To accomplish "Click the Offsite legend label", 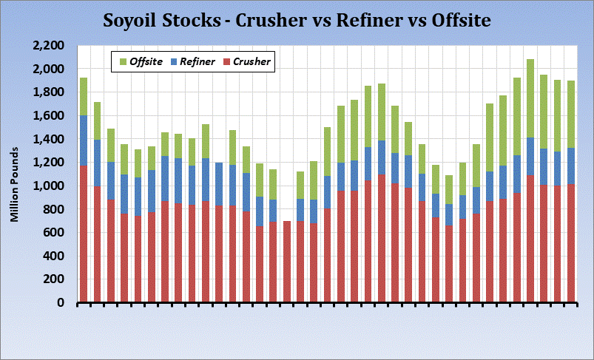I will coord(146,62).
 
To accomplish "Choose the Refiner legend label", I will coord(197,62).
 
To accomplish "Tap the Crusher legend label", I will coord(252,62).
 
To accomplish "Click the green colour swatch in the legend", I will coord(123,62).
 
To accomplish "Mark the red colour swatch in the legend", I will coord(227,62).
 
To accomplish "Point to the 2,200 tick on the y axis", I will coord(50,45).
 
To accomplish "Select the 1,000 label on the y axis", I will coord(50,186).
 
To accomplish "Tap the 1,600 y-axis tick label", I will coord(50,115).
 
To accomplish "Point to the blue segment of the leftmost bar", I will coord(84,140).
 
